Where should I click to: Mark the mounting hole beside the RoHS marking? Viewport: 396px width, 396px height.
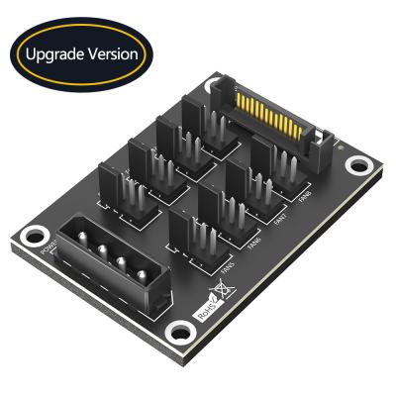click(x=179, y=331)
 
